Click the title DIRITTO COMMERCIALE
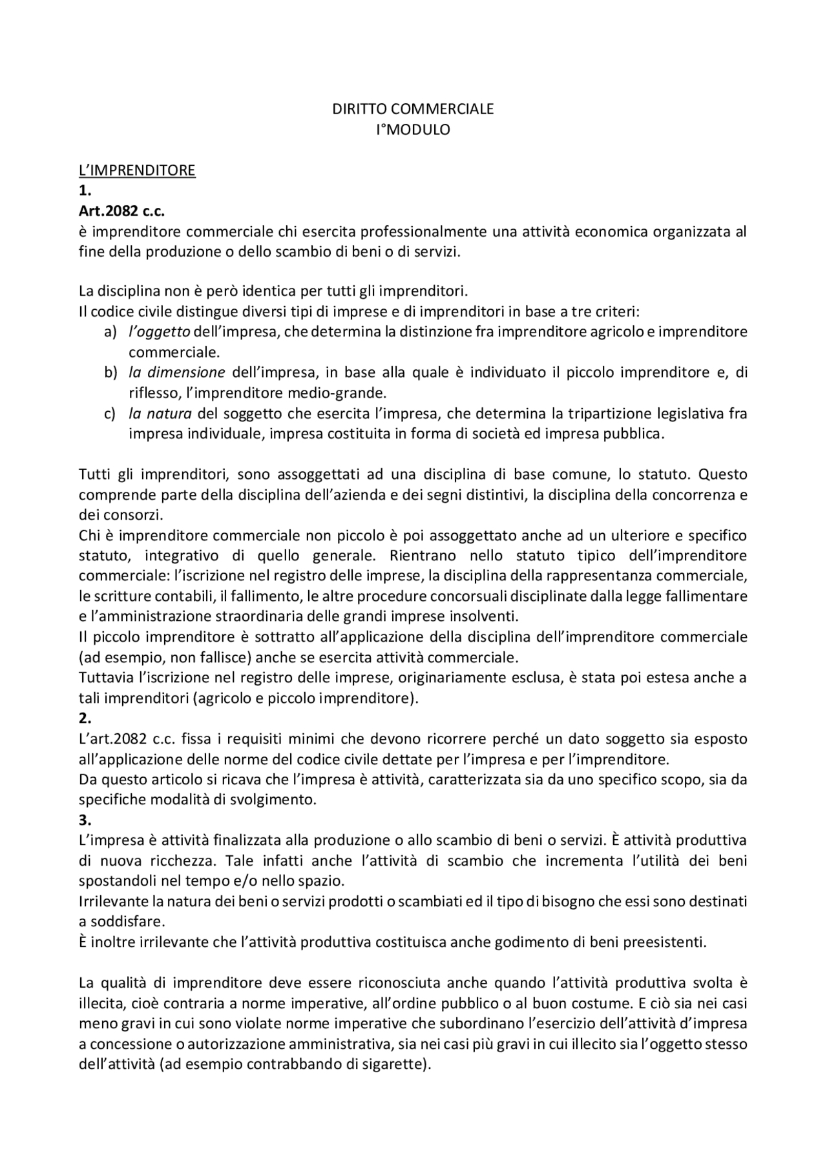pos(413,109)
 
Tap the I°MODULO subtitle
pos(413,130)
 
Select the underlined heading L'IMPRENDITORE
pos(137,170)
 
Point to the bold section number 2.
pos(85,718)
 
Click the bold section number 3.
pos(85,820)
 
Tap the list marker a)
pos(110,332)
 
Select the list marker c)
pos(110,414)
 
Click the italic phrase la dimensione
pos(176,373)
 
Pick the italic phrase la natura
pos(160,414)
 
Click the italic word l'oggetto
pos(159,332)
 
